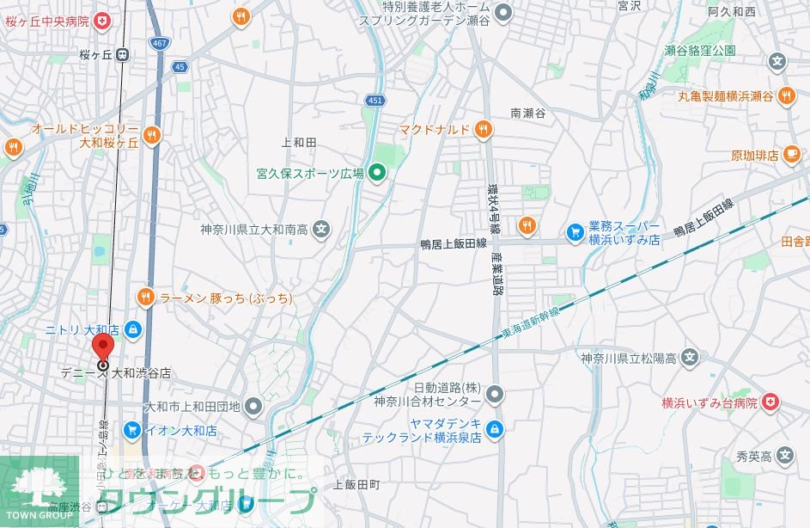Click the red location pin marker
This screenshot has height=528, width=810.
tap(102, 348)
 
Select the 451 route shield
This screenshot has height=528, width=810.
tap(375, 100)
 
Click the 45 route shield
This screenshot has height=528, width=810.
tap(179, 67)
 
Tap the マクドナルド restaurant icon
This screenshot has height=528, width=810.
tap(483, 130)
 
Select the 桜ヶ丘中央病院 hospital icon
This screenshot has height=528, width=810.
tap(102, 21)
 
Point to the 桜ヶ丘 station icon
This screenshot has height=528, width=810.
tap(123, 55)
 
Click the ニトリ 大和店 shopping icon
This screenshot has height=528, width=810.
tap(133, 329)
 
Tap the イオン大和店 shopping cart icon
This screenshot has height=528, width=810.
tap(131, 430)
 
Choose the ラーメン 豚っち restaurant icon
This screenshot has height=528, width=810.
tap(146, 298)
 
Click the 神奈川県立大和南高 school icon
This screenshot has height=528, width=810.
tap(321, 230)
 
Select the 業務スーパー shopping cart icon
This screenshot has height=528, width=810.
tap(575, 231)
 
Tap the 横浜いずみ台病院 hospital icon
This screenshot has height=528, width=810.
tap(770, 402)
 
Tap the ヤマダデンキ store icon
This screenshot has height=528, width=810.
tap(494, 428)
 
